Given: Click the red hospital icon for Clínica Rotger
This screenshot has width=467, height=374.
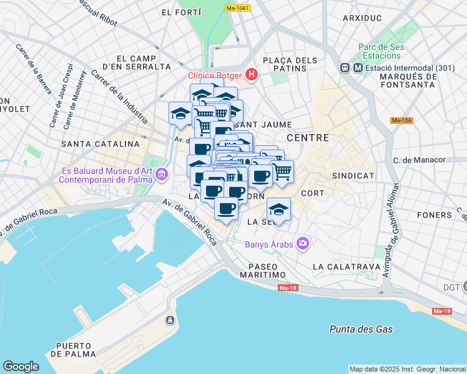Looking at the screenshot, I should [x=252, y=76].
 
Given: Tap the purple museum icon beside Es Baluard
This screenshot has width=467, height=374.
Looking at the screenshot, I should [x=162, y=174].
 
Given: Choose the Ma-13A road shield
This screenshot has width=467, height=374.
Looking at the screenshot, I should [x=401, y=120].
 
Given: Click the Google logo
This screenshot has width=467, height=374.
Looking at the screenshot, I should [x=21, y=367].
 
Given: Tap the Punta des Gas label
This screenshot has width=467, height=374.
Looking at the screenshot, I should [x=361, y=329].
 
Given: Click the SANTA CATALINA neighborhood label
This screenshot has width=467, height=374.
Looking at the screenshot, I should [x=100, y=144].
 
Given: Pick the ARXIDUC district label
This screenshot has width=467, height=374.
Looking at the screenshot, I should [x=361, y=18].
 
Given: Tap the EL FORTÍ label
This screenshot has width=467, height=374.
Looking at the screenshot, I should [x=181, y=12].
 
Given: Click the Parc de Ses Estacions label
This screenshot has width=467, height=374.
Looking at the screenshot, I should [x=381, y=52].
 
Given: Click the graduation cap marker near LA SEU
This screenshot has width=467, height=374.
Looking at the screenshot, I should [x=278, y=208].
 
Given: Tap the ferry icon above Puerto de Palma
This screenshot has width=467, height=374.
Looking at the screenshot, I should [x=169, y=320].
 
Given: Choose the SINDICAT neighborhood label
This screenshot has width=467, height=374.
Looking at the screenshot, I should [x=353, y=176].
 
